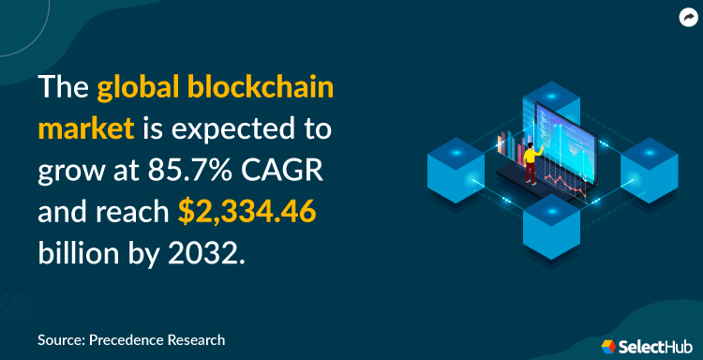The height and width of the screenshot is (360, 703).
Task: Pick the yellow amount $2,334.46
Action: click(247, 214)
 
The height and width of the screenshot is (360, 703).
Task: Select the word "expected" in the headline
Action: click(249, 130)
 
